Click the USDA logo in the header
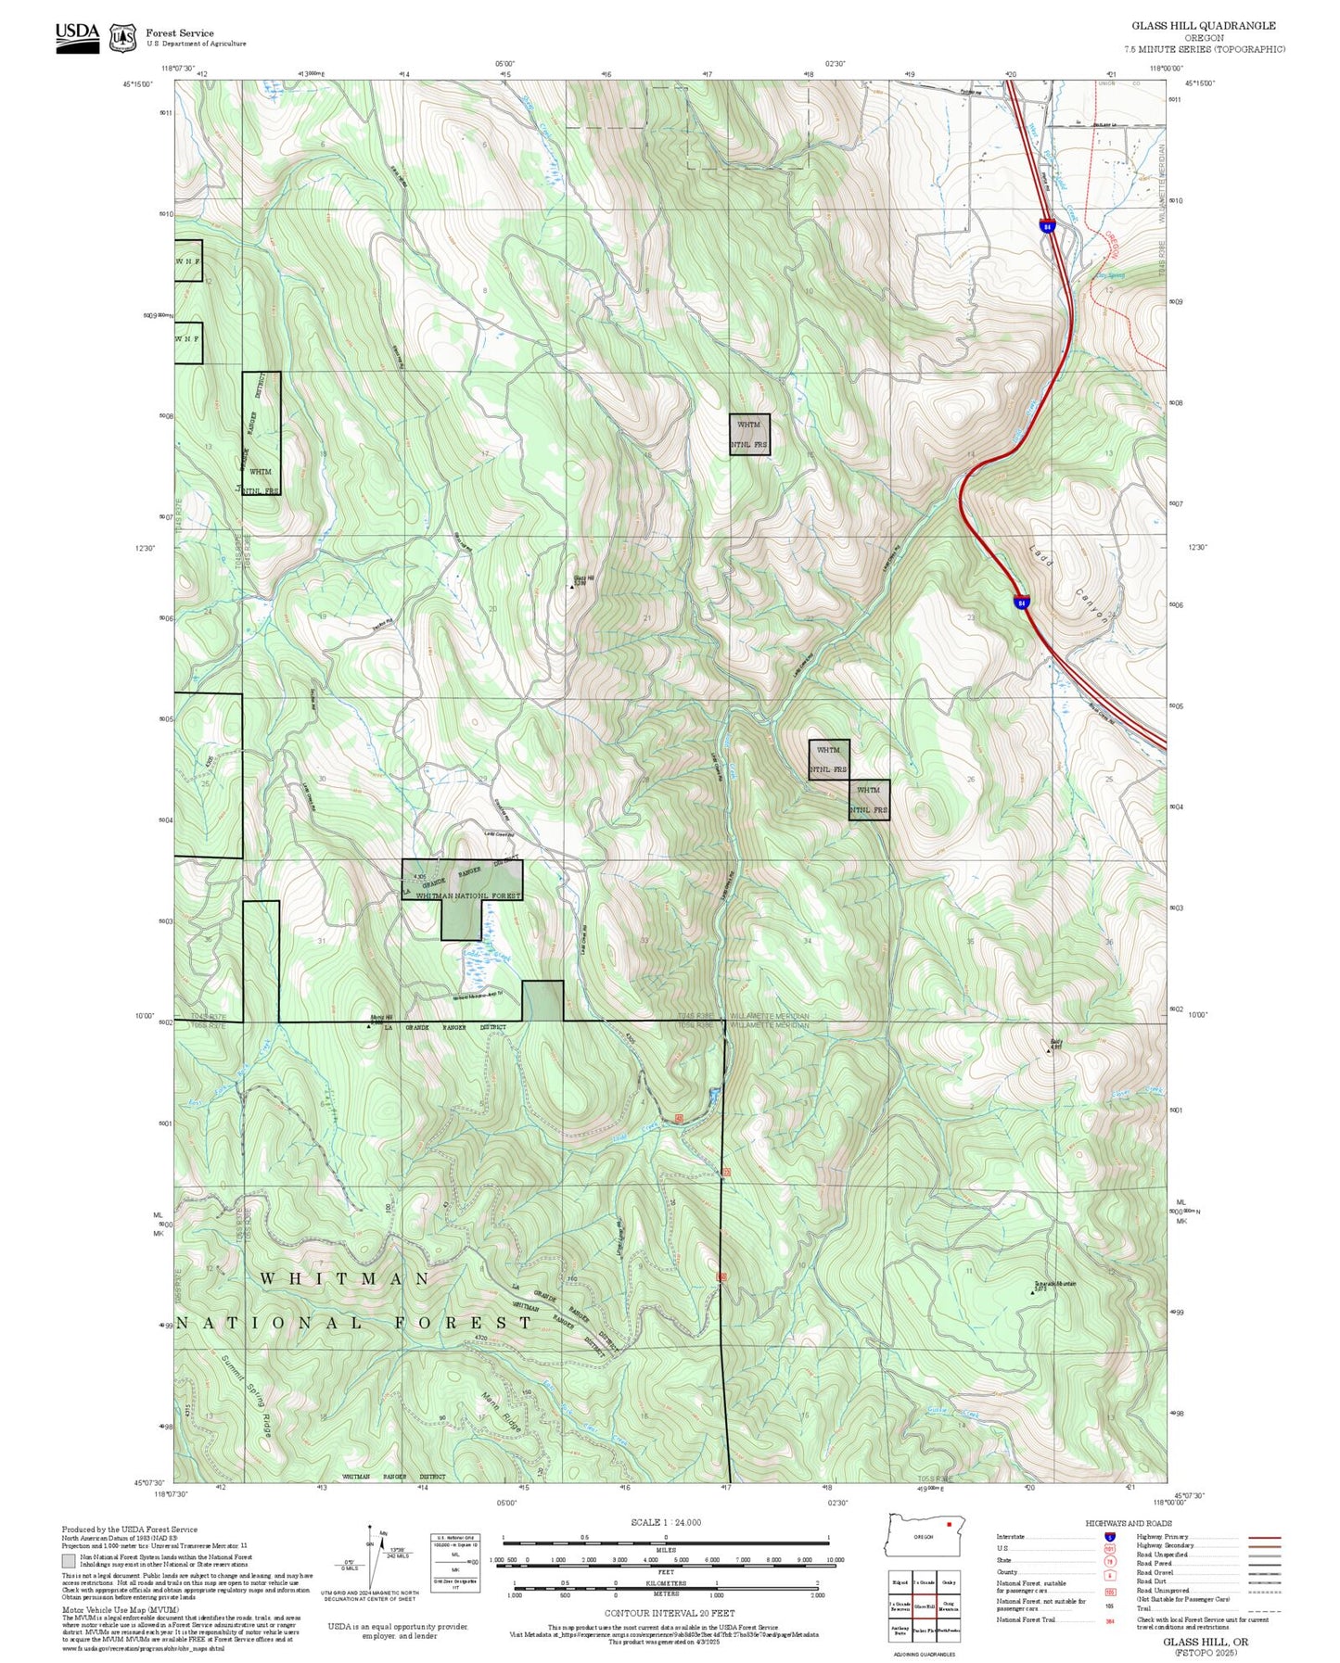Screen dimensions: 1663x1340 click(x=77, y=36)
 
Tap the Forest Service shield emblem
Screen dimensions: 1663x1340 click(x=122, y=37)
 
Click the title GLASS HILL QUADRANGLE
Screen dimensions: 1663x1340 click(x=1203, y=26)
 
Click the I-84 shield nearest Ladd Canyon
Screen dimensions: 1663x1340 click(x=1021, y=603)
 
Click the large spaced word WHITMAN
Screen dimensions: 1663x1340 click(x=345, y=1278)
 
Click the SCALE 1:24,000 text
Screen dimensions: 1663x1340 click(x=665, y=1522)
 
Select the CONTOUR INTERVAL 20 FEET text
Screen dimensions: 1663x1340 click(x=669, y=1614)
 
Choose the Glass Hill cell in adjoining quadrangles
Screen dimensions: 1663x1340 click(x=924, y=1606)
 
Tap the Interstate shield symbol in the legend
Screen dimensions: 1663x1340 click(x=1109, y=1537)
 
